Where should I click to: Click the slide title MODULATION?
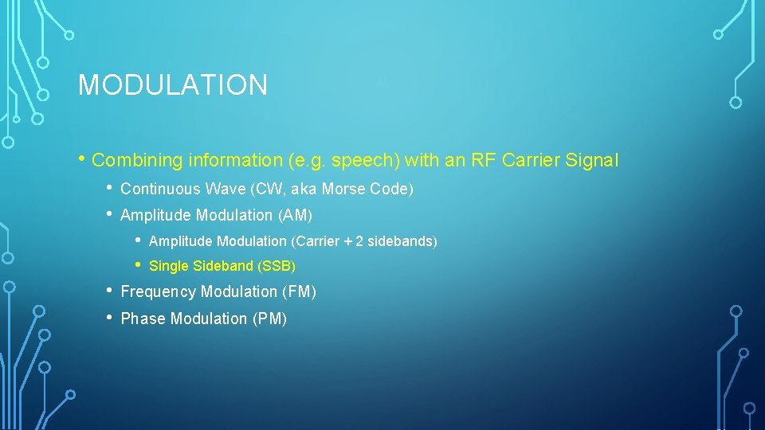172,85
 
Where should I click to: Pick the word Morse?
342,190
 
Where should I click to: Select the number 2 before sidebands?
359,241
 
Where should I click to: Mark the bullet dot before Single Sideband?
138,264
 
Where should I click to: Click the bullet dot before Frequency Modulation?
109,291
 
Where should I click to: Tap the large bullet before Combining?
82,158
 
